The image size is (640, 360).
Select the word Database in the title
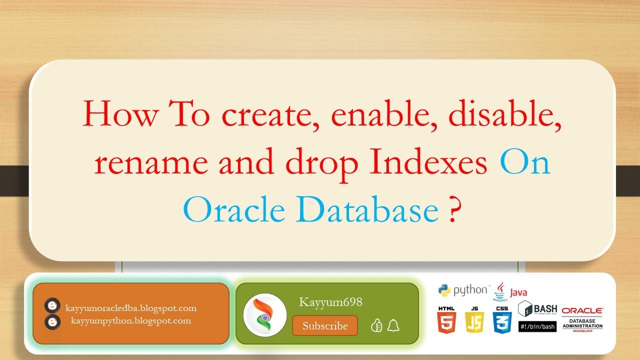point(367,210)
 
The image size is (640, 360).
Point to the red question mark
point(452,211)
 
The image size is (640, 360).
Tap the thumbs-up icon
point(376,326)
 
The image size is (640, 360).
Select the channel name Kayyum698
point(330,302)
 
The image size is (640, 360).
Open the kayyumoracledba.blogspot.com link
point(131,308)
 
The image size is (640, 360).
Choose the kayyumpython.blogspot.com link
point(131,320)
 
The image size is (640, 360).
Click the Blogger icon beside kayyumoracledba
point(52,306)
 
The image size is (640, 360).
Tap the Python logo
point(444,290)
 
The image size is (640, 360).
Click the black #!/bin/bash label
point(537,326)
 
